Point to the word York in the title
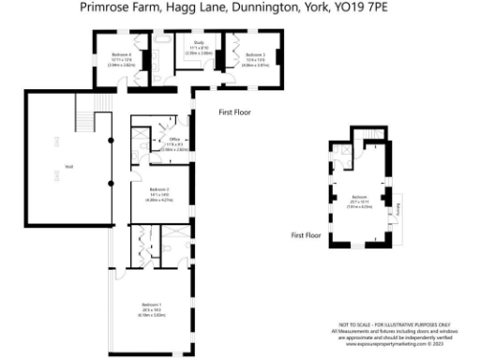coord(328,8)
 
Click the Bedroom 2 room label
coord(157,196)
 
